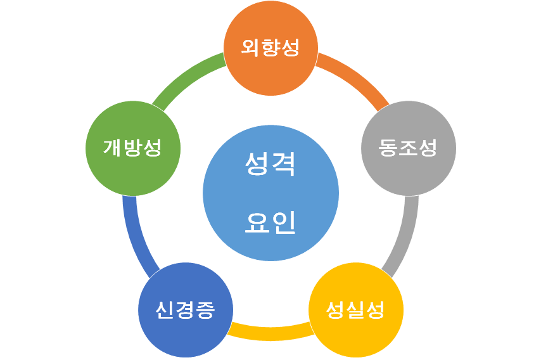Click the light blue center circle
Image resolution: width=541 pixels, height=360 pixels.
pos(270,193)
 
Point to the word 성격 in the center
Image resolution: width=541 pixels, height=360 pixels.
pos(270,165)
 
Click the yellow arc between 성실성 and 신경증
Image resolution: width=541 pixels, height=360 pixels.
pos(270,332)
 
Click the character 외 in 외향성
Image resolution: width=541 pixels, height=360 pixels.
pos(251,48)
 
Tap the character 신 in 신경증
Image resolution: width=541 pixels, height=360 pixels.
pos(165,310)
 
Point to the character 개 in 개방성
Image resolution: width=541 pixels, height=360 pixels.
pos(113,148)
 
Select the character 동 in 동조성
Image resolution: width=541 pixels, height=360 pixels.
pos(388,148)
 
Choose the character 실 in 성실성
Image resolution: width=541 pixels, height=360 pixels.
pos(355,310)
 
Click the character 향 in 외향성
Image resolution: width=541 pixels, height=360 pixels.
pos(270,48)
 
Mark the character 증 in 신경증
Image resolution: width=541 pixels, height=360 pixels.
pos(205,310)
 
